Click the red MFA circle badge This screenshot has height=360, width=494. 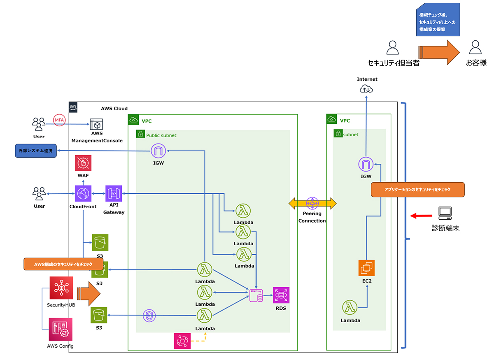[x=59, y=119]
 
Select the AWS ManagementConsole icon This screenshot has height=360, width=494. [x=97, y=125]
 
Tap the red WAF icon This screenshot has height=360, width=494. [x=83, y=163]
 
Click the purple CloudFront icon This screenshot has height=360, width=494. [x=83, y=193]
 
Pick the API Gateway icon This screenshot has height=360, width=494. [x=114, y=193]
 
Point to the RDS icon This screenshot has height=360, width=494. [x=281, y=295]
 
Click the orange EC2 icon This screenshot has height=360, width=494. [x=366, y=268]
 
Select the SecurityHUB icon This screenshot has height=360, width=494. [x=61, y=288]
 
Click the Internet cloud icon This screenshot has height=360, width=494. [x=366, y=89]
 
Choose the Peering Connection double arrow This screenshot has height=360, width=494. [x=312, y=202]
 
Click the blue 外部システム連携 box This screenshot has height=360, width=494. [x=35, y=151]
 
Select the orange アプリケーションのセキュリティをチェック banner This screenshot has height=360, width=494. [x=417, y=190]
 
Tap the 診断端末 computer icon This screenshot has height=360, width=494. [x=445, y=213]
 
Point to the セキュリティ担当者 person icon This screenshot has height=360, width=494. [x=393, y=47]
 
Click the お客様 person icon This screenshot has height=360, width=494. [x=475, y=47]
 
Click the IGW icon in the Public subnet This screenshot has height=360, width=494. [x=158, y=151]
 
